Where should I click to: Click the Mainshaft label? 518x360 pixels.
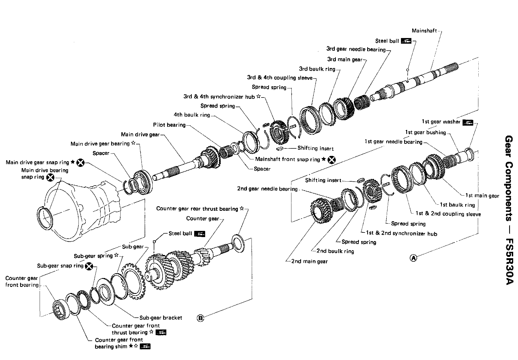pyautogui.click(x=424, y=31)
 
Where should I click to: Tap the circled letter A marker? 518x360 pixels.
pyautogui.click(x=414, y=258)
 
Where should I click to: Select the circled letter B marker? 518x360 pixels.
pyautogui.click(x=200, y=318)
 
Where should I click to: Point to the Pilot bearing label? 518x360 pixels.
pyautogui.click(x=169, y=125)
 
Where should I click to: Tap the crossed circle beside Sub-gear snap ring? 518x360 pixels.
pyautogui.click(x=89, y=266)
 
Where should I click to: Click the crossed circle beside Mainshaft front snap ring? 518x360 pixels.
pyautogui.click(x=332, y=160)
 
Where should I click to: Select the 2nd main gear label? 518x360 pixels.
pyautogui.click(x=309, y=261)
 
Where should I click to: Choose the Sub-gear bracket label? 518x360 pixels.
pyautogui.click(x=161, y=318)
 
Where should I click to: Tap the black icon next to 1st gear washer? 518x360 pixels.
pyautogui.click(x=468, y=122)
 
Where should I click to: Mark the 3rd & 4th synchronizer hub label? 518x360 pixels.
pyautogui.click(x=219, y=97)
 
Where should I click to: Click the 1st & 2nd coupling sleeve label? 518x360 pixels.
pyautogui.click(x=448, y=214)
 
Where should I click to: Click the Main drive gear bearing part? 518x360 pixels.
pyautogui.click(x=142, y=182)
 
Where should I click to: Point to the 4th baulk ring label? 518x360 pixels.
pyautogui.click(x=192, y=115)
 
